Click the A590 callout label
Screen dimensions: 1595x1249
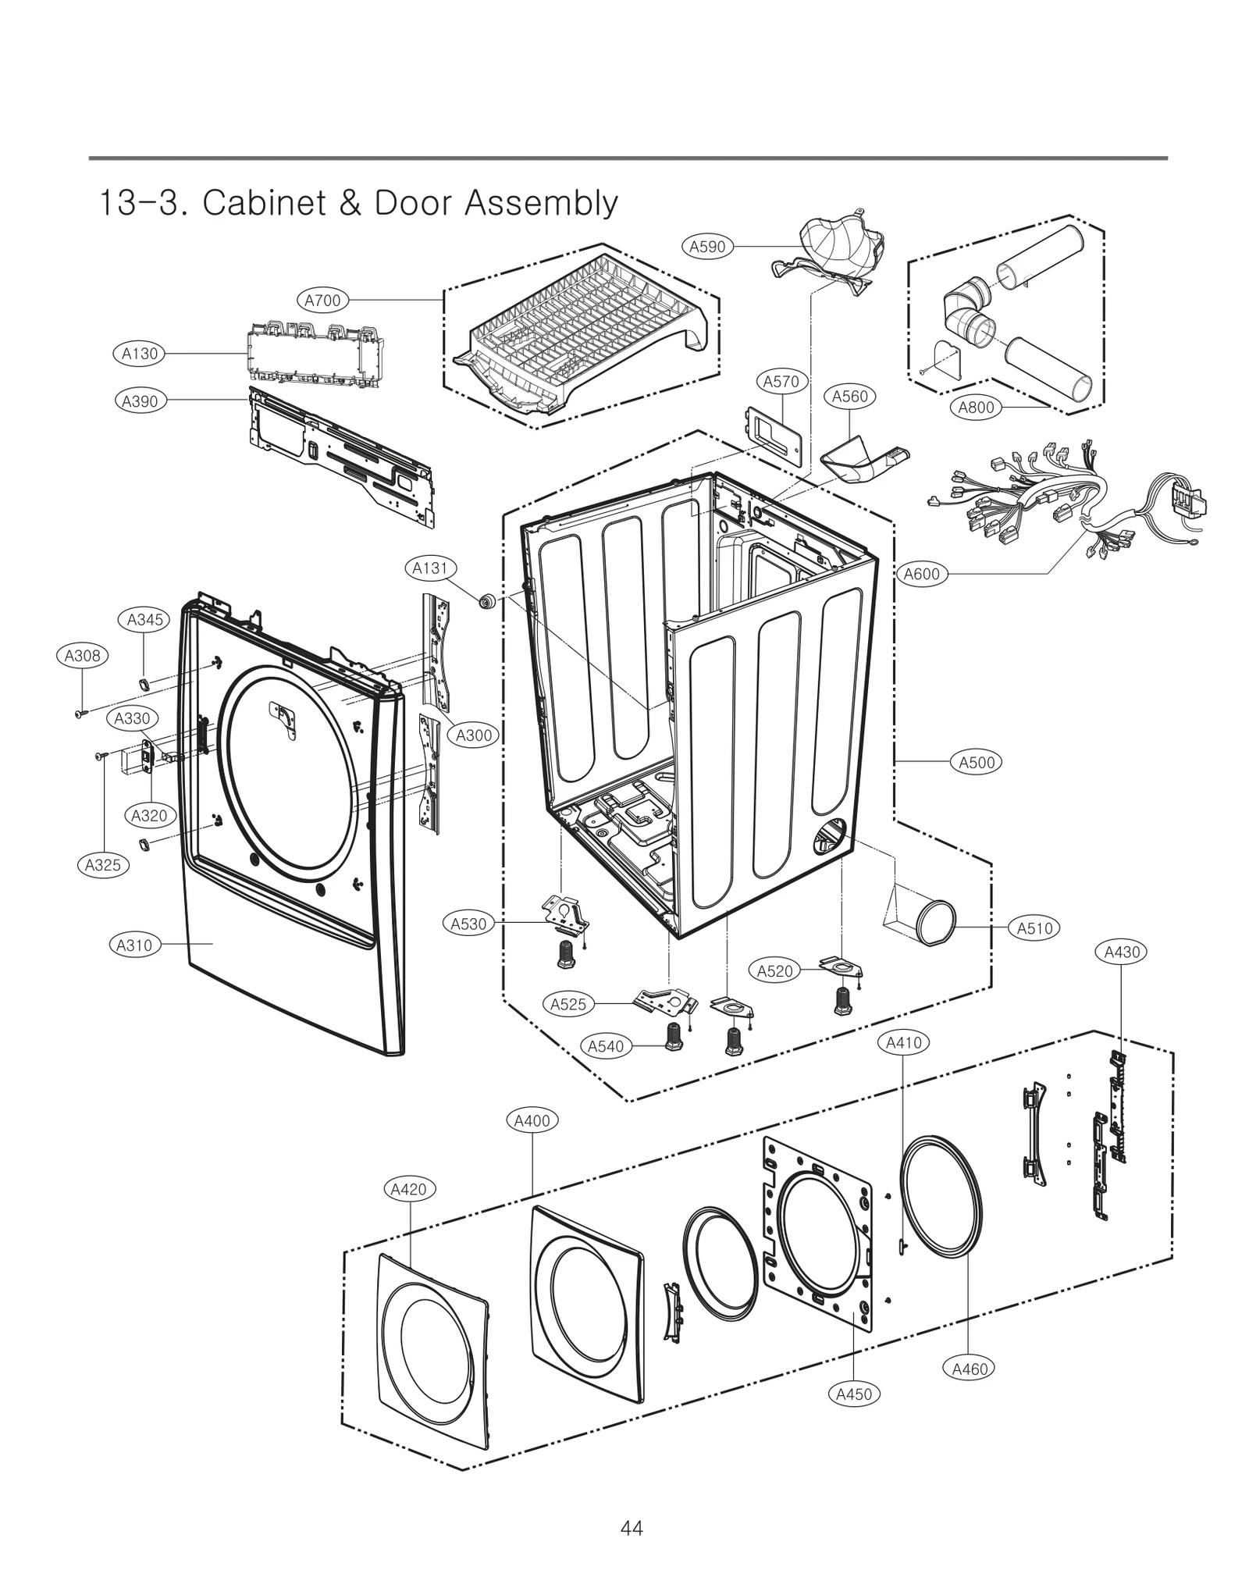[707, 247]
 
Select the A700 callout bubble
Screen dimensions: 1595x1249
[322, 300]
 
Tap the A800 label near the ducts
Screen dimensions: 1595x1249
[976, 407]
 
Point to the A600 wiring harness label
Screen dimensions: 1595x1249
[921, 574]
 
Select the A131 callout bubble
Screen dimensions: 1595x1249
[430, 568]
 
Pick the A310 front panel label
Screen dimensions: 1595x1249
[134, 945]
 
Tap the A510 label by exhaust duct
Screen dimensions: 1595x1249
[1035, 928]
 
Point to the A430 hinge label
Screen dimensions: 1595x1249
[1122, 952]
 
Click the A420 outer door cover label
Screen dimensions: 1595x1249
[408, 1189]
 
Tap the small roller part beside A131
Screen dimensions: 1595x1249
[488, 600]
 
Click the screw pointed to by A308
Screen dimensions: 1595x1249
[79, 713]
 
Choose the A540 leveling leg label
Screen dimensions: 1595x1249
[606, 1046]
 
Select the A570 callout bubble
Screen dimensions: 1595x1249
[781, 382]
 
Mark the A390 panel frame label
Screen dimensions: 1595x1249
[140, 401]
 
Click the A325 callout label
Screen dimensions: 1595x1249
[103, 865]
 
